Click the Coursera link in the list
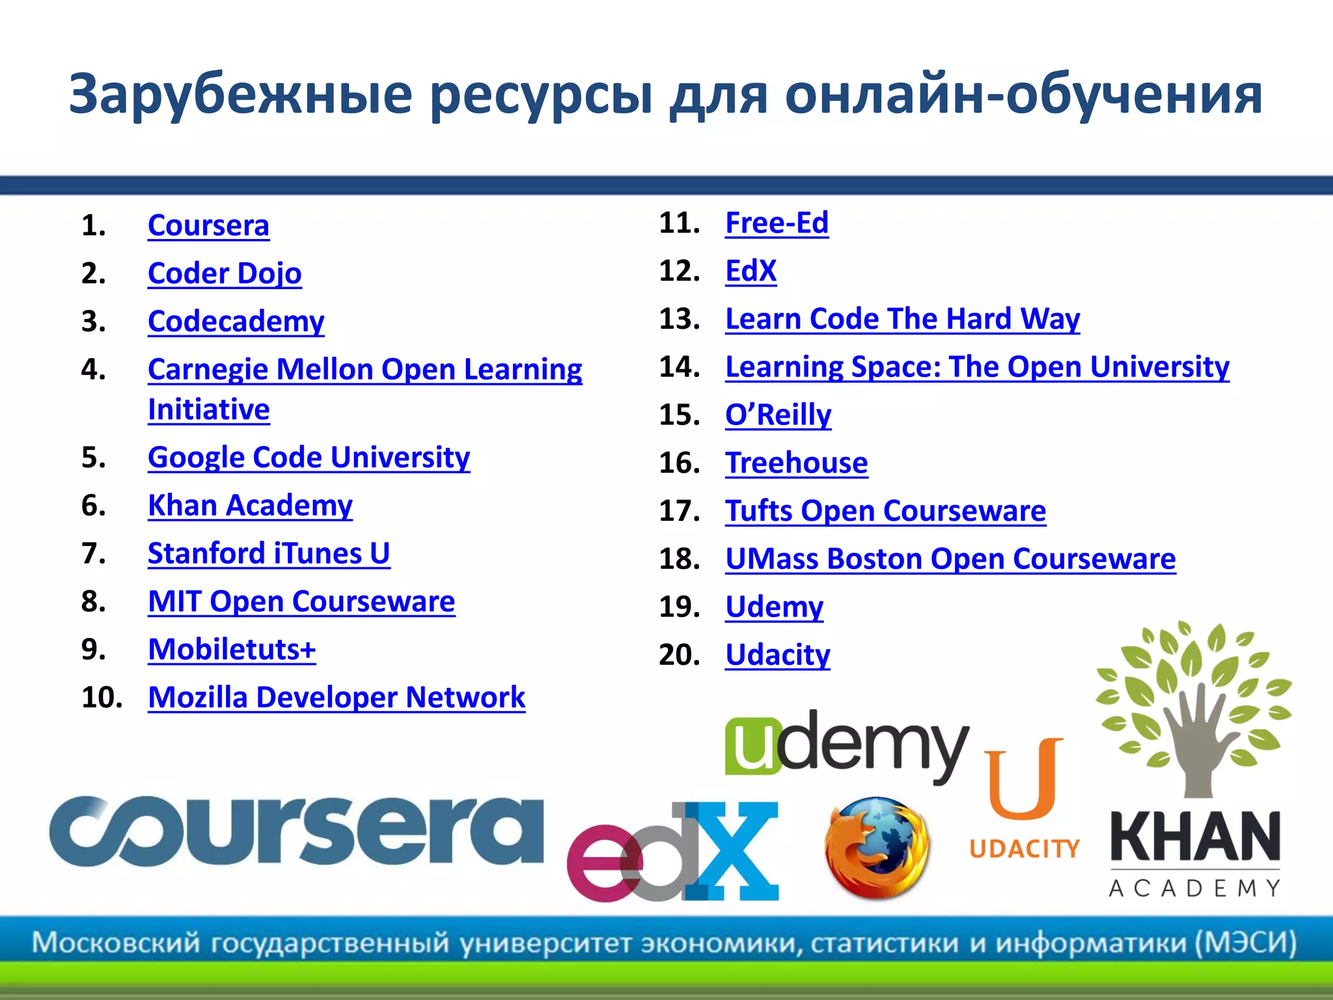pos(208,226)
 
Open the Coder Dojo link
pos(225,273)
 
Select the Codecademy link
pos(236,322)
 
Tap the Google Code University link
pos(309,458)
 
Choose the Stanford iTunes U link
pos(269,553)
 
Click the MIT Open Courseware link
pos(301,602)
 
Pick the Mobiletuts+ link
pos(232,650)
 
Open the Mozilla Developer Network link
pos(337,697)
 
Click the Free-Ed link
pos(776,223)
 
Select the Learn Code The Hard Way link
pos(902,319)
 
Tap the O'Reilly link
pos(778,415)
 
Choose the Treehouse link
pos(796,463)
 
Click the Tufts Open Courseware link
pos(885,511)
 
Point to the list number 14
pos(679,367)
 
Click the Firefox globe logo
pos(877,848)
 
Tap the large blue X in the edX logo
pos(735,850)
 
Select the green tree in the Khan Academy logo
pos(1192,703)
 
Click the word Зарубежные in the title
pos(240,94)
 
